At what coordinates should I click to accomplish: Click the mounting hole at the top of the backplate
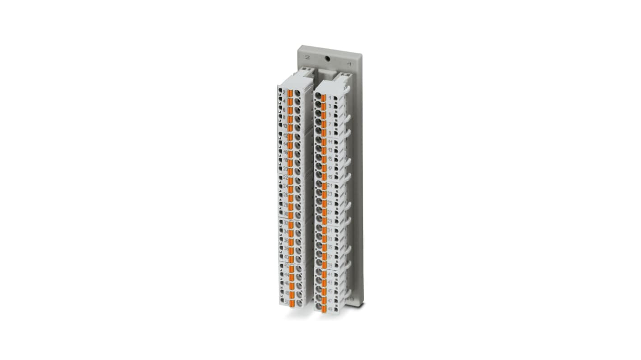[x=328, y=58]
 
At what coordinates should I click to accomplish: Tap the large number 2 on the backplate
[x=307, y=57]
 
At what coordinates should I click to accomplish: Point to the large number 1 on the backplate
[x=349, y=64]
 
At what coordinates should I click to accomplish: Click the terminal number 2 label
[x=284, y=92]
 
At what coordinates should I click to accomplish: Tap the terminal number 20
[x=285, y=169]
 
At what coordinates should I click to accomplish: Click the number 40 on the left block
[x=286, y=257]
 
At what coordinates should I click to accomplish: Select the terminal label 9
[x=330, y=133]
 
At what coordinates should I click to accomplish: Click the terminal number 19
[x=330, y=177]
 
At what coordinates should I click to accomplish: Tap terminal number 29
[x=330, y=221]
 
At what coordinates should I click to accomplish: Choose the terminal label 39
[x=330, y=265]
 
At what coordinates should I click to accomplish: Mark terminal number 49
[x=330, y=309]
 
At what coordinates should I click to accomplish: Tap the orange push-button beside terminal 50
[x=292, y=302]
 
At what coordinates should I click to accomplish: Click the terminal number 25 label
[x=330, y=203]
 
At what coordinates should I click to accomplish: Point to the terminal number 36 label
[x=286, y=240]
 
